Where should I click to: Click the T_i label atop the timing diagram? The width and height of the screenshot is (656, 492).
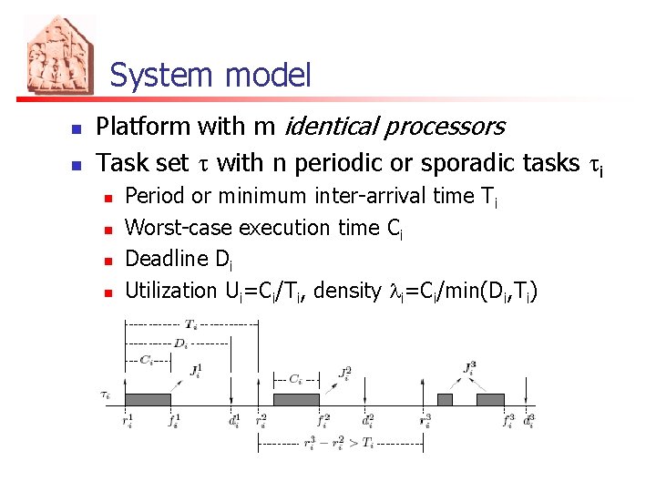coord(191,323)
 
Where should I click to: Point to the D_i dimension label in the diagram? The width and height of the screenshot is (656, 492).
coord(181,343)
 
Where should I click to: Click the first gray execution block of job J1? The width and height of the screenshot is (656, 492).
coord(148,399)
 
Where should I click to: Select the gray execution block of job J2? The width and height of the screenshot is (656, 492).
coord(296,399)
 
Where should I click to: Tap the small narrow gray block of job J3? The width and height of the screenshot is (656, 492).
coord(445,399)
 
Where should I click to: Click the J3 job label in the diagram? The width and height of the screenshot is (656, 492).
coord(469,369)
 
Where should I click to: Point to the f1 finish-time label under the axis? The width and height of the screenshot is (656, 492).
coord(172,421)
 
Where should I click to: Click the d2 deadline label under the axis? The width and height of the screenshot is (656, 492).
coord(367,421)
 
